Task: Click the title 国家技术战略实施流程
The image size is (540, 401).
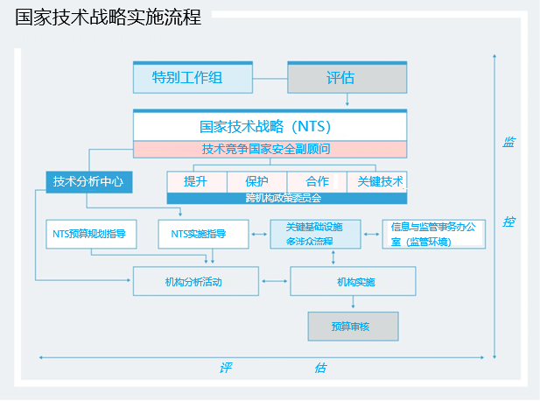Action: tap(108, 18)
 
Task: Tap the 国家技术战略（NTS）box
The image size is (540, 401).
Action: tap(270, 126)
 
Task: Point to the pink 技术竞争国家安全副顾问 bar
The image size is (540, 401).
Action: tap(270, 149)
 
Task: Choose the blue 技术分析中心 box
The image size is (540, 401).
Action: tap(88, 182)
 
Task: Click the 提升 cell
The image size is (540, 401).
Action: tap(196, 182)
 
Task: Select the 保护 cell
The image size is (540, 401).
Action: tap(257, 182)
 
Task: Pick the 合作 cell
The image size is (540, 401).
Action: tap(317, 182)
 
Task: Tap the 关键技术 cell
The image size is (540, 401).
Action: tap(377, 182)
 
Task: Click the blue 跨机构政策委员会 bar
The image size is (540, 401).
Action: tap(287, 199)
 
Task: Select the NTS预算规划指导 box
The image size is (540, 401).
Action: tap(89, 234)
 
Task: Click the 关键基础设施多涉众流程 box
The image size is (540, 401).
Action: tap(315, 234)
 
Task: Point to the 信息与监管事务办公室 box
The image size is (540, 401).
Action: tap(433, 234)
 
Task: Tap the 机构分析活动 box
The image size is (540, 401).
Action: tap(196, 281)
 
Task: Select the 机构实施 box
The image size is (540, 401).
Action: tap(353, 281)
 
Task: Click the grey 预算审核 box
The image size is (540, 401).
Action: tap(353, 327)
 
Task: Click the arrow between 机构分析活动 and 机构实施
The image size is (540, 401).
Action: tap(275, 281)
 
